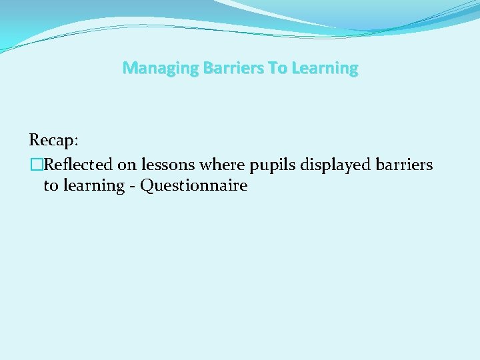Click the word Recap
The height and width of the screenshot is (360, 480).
(52, 140)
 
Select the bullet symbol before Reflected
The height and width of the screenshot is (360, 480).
(35, 165)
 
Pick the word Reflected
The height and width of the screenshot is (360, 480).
(78, 165)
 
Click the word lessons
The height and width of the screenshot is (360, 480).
(168, 165)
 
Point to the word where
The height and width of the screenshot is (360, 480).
(225, 165)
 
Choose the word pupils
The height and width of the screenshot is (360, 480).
(272, 165)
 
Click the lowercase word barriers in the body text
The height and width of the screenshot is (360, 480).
(405, 165)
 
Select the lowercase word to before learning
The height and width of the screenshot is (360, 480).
(51, 185)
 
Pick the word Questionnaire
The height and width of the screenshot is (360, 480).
(193, 185)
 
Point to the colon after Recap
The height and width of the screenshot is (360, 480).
(76, 141)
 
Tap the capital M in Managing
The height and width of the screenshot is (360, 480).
(129, 69)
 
